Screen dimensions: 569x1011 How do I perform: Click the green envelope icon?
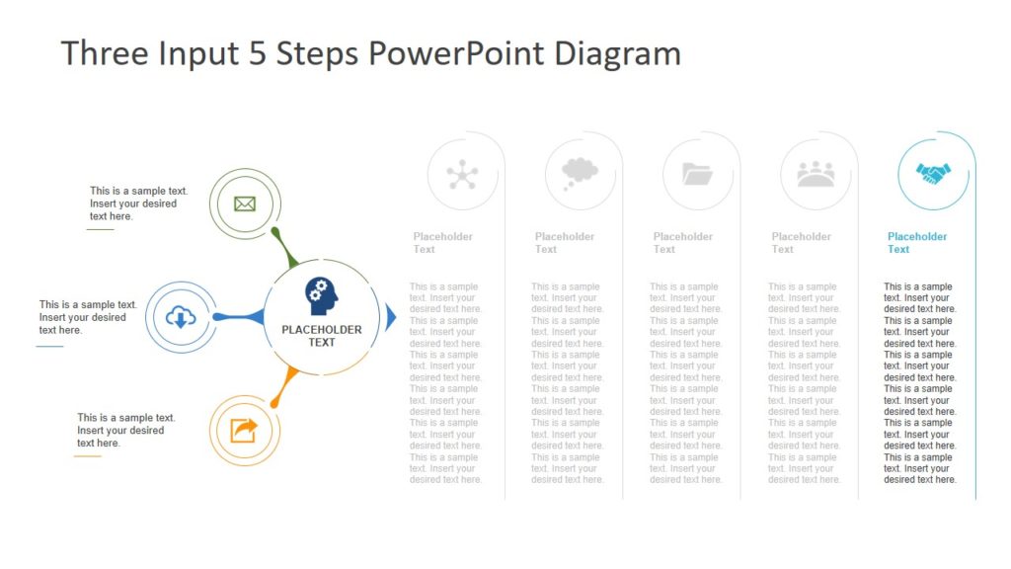coord(245,204)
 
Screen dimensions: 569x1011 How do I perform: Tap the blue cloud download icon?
coord(181,317)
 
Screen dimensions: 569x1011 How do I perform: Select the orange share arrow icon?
coord(244,431)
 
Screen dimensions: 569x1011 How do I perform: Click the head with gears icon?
coord(321,294)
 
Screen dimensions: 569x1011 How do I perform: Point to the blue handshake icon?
coord(932,174)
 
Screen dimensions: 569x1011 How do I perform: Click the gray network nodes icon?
coord(462,175)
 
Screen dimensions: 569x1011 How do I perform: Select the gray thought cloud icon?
coord(580,174)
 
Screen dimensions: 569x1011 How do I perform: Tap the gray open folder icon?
coord(697,175)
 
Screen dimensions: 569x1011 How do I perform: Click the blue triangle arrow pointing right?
coord(391,317)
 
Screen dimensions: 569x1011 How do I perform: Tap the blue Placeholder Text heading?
coord(916,243)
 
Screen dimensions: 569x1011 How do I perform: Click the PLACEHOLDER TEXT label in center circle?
coord(322,336)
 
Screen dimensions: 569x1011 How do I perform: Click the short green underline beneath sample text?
coord(100,229)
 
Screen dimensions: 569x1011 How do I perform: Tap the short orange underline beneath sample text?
coord(88,456)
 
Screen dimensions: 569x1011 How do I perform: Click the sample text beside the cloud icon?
coord(87,317)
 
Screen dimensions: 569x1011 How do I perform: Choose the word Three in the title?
coord(104,53)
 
